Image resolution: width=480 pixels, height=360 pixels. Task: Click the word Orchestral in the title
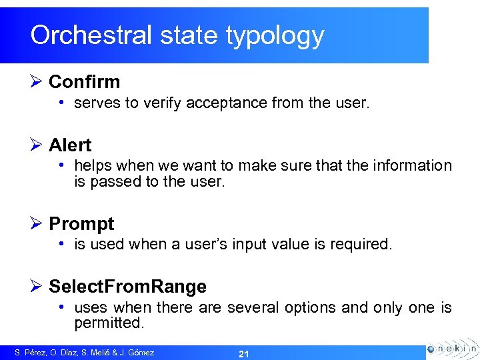[91, 35]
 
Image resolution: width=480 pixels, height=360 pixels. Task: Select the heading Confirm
[85, 82]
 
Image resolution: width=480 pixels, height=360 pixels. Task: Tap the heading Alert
[70, 145]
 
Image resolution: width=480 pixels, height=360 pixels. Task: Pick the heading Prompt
[81, 223]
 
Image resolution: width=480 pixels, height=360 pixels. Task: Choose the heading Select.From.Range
[127, 287]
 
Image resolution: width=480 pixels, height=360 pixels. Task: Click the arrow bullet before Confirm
[37, 82]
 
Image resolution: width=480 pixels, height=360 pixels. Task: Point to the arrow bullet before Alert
[37, 145]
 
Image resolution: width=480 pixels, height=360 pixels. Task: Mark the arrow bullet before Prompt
[37, 223]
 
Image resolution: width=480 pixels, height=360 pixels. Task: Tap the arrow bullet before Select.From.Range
[37, 287]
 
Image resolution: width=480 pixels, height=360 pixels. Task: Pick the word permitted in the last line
[109, 323]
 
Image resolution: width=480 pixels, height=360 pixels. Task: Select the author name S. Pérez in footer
[31, 353]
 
